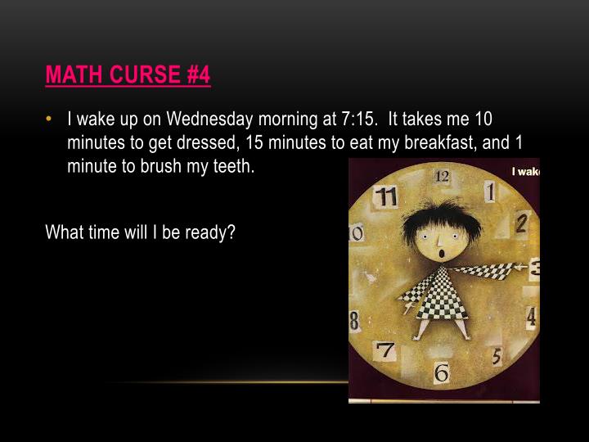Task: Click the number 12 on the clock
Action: point(442,176)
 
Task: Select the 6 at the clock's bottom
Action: point(442,373)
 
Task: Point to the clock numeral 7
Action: point(385,351)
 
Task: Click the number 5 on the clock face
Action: point(497,356)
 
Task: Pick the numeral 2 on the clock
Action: point(521,221)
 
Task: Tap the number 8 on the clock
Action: point(355,319)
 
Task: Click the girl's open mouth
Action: point(443,252)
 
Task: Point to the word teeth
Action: point(232,165)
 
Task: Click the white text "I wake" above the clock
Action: point(526,172)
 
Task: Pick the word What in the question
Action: point(63,232)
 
